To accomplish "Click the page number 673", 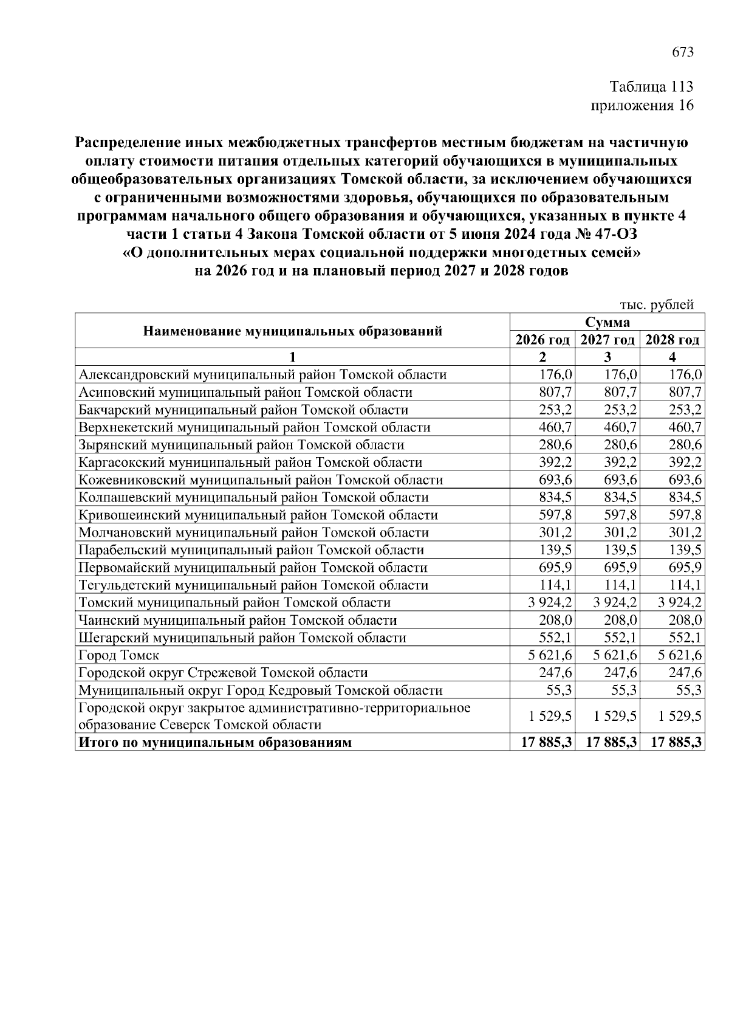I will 682,52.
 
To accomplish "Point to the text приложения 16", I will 642,106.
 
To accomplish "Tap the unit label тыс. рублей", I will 656,305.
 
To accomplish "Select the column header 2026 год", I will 542,340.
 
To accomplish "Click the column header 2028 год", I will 672,340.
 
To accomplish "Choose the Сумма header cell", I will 607,322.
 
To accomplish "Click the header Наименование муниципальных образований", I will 292,331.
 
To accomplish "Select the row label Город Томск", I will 119,655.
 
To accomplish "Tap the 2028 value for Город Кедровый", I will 689,690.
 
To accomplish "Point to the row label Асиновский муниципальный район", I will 245,393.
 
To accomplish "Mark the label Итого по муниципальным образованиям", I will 215,743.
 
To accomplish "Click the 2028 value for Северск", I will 680,717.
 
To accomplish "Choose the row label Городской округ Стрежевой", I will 223,673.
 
